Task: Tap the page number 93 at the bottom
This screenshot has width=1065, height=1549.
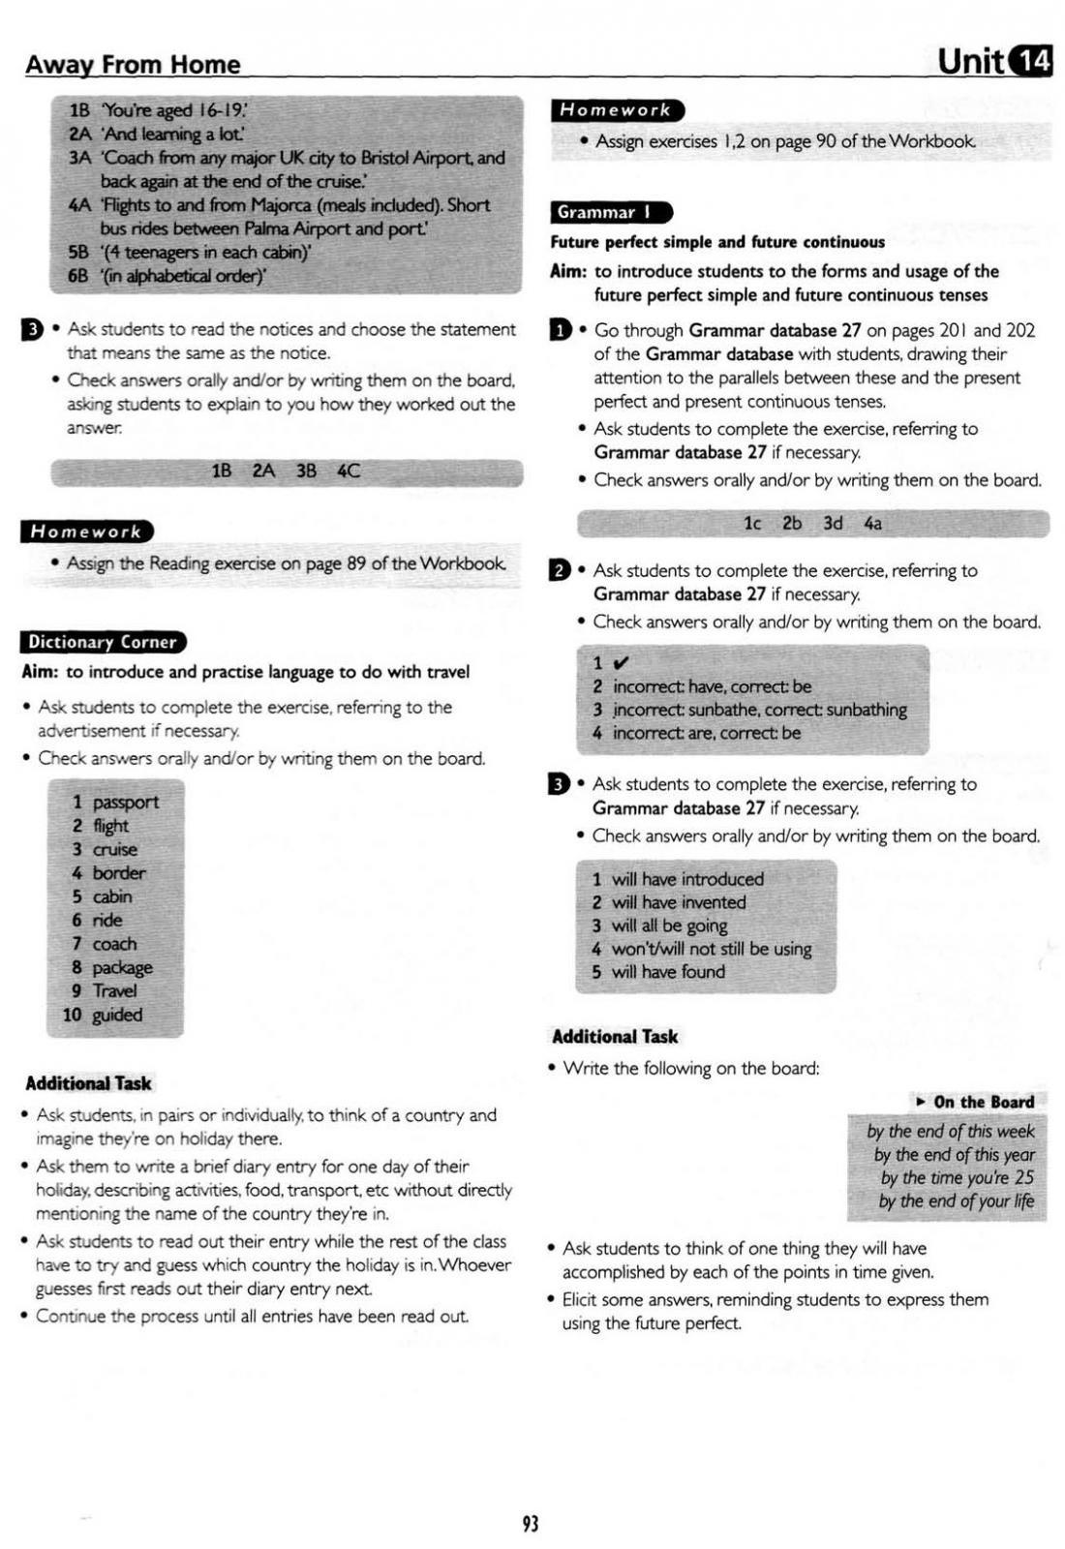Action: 530,1523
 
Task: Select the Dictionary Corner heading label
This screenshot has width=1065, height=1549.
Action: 102,642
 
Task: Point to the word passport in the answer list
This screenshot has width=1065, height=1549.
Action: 125,803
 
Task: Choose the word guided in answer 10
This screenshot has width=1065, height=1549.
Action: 117,1015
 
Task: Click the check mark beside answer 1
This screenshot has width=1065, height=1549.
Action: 621,663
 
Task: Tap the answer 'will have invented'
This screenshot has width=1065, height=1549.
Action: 679,902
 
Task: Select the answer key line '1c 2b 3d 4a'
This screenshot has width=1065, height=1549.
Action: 812,524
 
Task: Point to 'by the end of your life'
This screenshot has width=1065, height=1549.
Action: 956,1201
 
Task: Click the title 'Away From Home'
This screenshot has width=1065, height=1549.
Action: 133,65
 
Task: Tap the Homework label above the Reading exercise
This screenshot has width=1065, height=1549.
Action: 86,532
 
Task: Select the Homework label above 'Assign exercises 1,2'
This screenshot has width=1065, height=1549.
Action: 616,110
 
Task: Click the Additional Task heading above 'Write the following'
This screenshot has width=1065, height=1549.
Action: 615,1037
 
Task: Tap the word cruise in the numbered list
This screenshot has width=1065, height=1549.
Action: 115,849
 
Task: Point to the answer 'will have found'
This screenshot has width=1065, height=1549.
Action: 668,972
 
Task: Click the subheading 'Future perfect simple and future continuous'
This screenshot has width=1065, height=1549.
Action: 717,242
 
